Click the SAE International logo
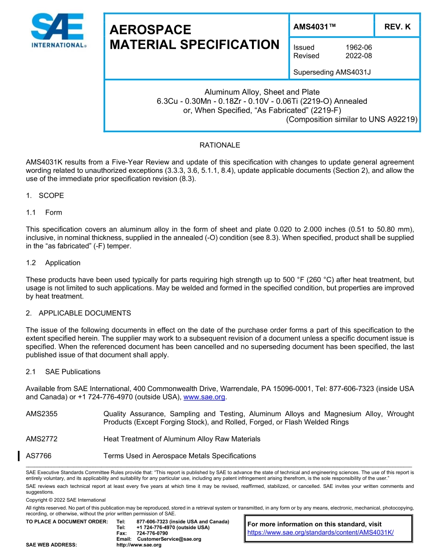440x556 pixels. (x=57, y=31)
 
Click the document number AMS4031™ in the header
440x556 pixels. (x=314, y=27)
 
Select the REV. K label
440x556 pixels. (x=397, y=27)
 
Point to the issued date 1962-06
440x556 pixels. (x=358, y=47)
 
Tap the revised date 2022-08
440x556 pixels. (x=358, y=56)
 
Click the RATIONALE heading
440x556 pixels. (x=220, y=145)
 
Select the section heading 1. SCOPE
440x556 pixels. (x=45, y=196)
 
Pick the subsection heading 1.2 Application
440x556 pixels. (x=53, y=263)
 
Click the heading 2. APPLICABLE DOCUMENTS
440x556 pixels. (x=78, y=313)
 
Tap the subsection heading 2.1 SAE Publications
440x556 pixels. (x=63, y=372)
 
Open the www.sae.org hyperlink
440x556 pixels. (x=204, y=397)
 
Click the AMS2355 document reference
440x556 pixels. (x=42, y=414)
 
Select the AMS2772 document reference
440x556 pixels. (x=42, y=439)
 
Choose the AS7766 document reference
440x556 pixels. (x=38, y=456)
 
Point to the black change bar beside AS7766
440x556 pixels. (x=19, y=456)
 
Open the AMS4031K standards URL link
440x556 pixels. (x=321, y=532)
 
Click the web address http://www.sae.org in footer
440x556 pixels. (x=139, y=545)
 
